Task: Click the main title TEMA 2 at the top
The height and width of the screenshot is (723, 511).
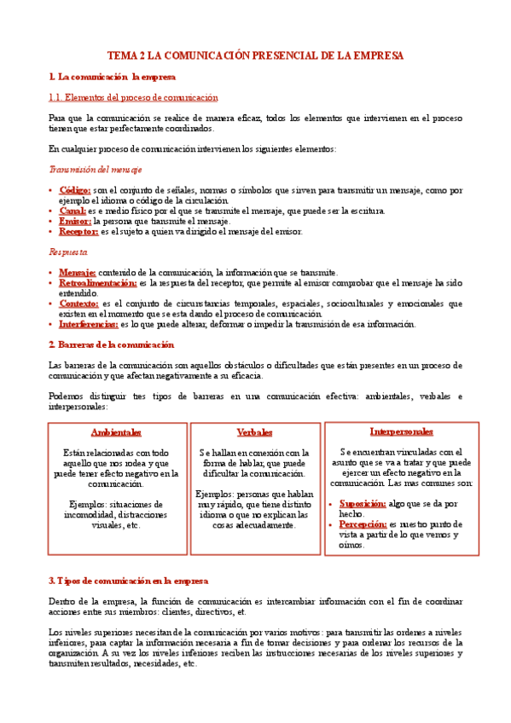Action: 255,55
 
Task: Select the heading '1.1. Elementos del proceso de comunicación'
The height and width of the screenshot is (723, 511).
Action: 133,98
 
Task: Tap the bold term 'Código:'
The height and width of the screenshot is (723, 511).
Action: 75,189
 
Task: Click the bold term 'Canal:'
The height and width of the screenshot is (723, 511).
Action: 73,210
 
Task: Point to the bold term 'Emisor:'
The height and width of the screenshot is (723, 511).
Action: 74,220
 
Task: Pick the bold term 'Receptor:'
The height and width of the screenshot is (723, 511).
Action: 78,231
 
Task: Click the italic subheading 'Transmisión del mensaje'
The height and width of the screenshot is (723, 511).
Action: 96,169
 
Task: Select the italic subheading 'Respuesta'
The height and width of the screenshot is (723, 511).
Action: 68,252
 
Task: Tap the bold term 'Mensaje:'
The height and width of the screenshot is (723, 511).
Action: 78,272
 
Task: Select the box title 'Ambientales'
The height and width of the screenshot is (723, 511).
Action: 116,432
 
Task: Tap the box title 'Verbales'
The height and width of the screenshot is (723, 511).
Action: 255,432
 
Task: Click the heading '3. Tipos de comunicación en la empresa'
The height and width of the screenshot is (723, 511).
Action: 129,581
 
